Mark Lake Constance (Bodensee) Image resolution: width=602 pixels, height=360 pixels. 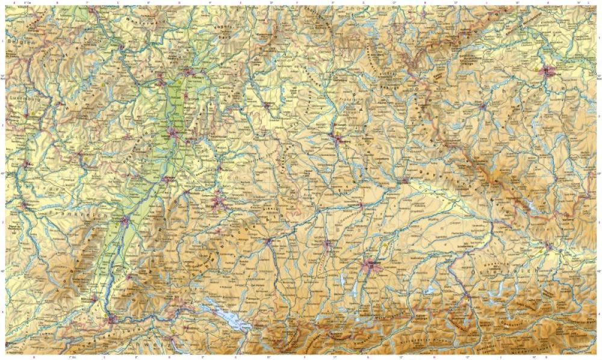click(x=226, y=316)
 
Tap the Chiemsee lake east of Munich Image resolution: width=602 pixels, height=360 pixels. click(x=430, y=290)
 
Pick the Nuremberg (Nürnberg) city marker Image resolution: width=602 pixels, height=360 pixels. click(x=340, y=139)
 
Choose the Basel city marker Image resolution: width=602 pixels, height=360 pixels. click(x=112, y=319)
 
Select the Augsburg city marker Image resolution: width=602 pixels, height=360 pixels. click(x=329, y=244)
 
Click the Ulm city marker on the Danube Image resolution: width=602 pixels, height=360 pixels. click(x=268, y=242)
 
